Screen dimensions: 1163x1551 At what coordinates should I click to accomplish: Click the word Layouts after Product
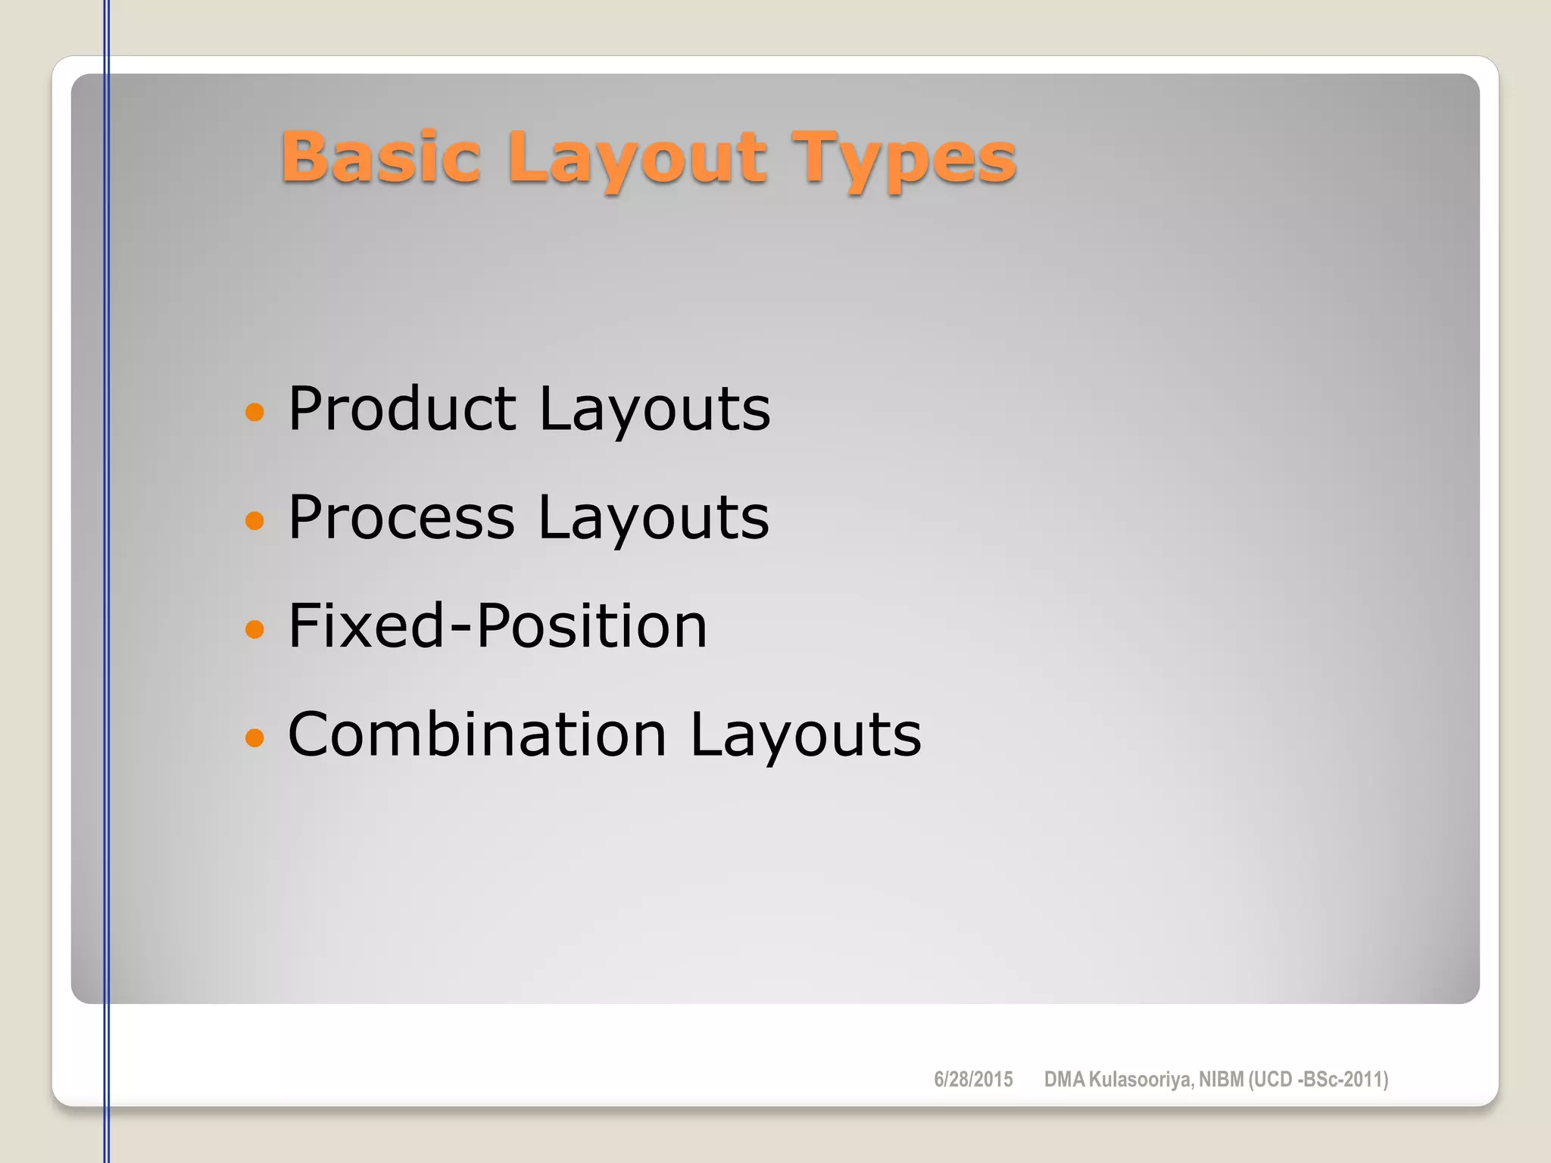click(x=654, y=410)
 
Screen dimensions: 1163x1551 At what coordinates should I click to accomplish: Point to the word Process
click(x=401, y=517)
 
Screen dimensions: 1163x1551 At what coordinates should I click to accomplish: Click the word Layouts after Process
click(x=654, y=519)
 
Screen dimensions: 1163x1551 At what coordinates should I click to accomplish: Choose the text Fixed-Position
click(x=498, y=626)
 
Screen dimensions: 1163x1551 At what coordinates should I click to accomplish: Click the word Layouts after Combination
click(x=806, y=735)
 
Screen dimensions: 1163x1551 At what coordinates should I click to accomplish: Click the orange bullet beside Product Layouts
click(x=255, y=412)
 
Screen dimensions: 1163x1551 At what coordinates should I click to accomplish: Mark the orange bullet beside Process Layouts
click(x=255, y=520)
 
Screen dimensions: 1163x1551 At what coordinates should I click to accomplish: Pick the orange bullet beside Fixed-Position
click(x=255, y=628)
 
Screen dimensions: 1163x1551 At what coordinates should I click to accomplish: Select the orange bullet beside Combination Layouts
click(x=255, y=737)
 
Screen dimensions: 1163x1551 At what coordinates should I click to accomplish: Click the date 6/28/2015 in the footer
click(x=973, y=1079)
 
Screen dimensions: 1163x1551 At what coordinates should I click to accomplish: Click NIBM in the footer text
click(x=1221, y=1079)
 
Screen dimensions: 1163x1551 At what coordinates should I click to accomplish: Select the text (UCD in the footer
click(x=1271, y=1079)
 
